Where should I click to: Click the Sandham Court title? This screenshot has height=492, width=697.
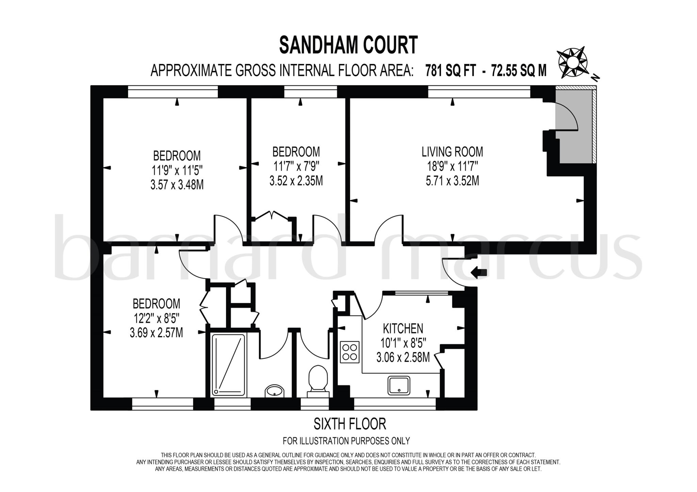click(x=348, y=46)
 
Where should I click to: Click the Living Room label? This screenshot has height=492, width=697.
click(x=452, y=152)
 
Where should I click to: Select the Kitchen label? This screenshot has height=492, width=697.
click(x=403, y=329)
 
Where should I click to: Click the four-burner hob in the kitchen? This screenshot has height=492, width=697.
click(x=350, y=352)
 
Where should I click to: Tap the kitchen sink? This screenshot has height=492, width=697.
click(x=399, y=386)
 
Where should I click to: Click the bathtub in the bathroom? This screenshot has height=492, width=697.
click(x=229, y=365)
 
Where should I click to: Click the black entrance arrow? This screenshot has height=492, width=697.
click(x=479, y=272)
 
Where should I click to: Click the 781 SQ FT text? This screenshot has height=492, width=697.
click(x=450, y=71)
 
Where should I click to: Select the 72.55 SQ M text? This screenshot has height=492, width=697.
click(x=519, y=71)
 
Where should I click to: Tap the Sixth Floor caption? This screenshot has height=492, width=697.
click(x=350, y=424)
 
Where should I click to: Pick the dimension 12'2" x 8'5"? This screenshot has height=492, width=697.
click(x=156, y=318)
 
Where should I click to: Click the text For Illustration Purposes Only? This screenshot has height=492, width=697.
click(x=346, y=441)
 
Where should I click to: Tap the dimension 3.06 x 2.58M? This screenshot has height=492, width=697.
click(x=403, y=358)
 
